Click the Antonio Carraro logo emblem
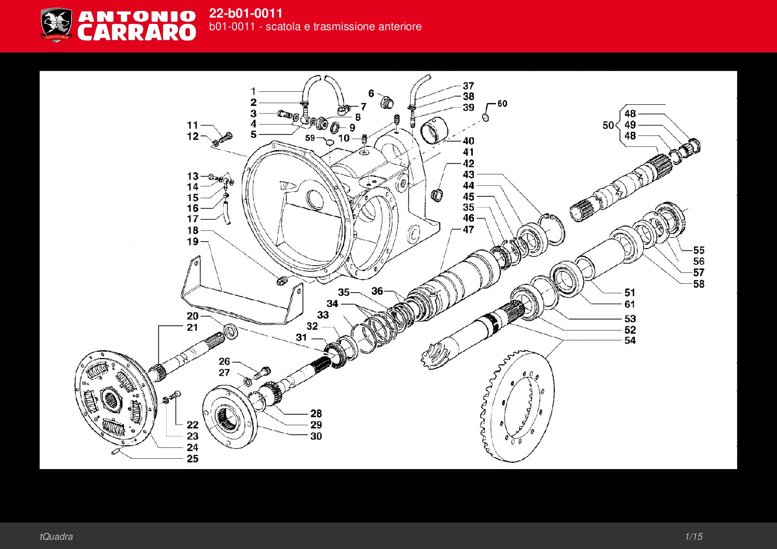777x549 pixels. pyautogui.click(x=56, y=24)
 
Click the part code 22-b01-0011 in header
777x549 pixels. pyautogui.click(x=246, y=13)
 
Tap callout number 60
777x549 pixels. pyautogui.click(x=502, y=104)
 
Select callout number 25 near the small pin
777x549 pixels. pyautogui.click(x=193, y=459)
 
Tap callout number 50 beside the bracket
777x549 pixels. pyautogui.click(x=608, y=125)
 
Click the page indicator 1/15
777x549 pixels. pyautogui.click(x=693, y=537)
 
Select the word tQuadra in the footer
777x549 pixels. pyautogui.click(x=56, y=537)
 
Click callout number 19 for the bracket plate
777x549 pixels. pyautogui.click(x=193, y=241)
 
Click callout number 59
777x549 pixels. pyautogui.click(x=310, y=138)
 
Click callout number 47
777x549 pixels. pyautogui.click(x=468, y=229)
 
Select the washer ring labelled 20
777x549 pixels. pyautogui.click(x=231, y=331)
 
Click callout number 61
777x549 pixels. pyautogui.click(x=630, y=305)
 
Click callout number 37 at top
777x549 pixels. pyautogui.click(x=468, y=86)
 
